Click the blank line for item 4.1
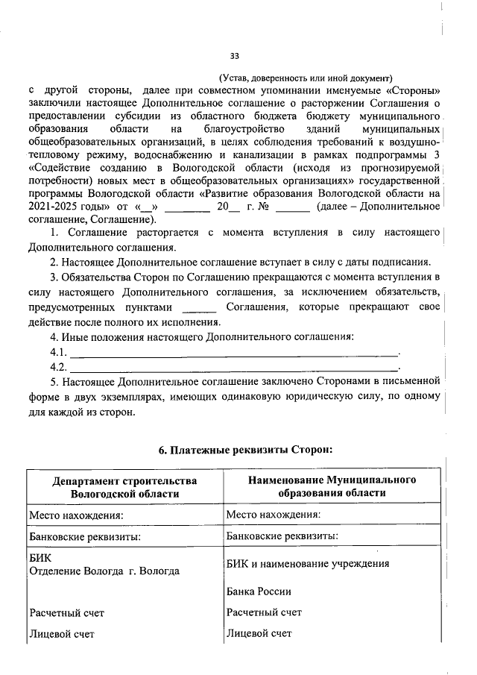pyautogui.click(x=234, y=352)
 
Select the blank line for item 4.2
pyautogui.click(x=234, y=367)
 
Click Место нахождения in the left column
pyautogui.click(x=75, y=515)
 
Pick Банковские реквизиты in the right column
pyautogui.click(x=274, y=536)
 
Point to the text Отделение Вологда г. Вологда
pyautogui.click(x=104, y=571)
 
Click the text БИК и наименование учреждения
pyautogui.click(x=307, y=564)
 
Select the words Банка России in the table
pyautogui.click(x=258, y=591)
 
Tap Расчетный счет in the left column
pyautogui.click(x=67, y=613)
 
